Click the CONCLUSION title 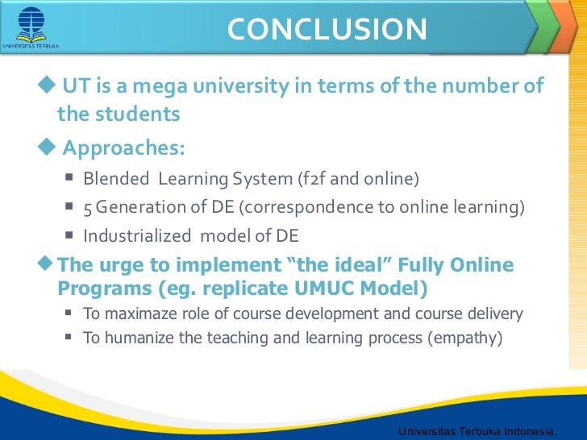(327, 29)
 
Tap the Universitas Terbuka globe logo (31, 25)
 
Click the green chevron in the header (543, 26)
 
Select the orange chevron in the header (564, 26)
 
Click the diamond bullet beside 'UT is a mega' (47, 84)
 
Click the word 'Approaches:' (123, 148)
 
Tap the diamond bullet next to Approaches (47, 146)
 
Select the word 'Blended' (116, 178)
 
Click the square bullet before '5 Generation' (69, 205)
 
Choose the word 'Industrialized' (137, 236)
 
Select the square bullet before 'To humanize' (68, 337)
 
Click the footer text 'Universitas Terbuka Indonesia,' (477, 431)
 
